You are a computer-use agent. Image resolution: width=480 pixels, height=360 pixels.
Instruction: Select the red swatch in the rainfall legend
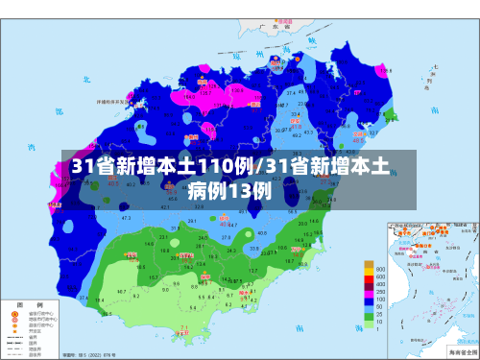pos(368,284)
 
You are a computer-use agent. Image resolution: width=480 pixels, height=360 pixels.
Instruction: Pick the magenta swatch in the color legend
pos(368,276)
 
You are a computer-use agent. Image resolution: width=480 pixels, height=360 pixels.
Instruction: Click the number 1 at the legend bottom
pos(379,329)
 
